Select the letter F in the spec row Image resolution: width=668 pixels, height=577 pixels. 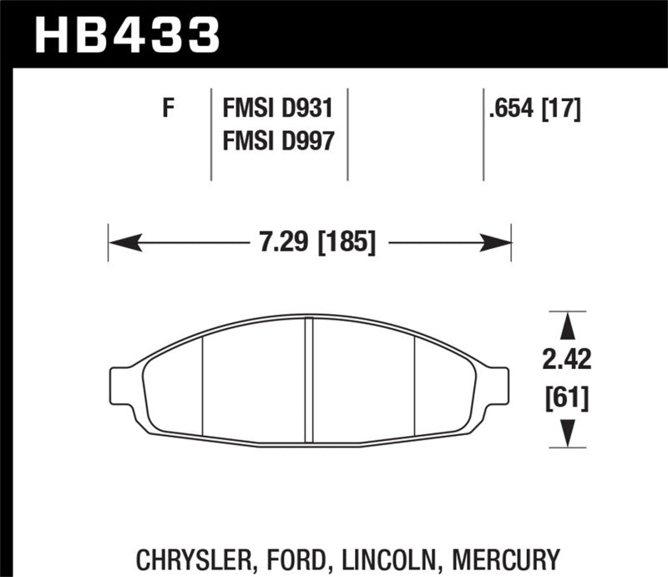pos(168,109)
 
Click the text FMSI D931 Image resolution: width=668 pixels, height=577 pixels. pos(277,109)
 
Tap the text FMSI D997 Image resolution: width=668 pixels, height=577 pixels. pos(277,142)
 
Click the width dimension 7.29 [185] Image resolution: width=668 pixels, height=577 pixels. pos(310,244)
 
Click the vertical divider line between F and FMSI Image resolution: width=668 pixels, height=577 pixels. pos(210,134)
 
